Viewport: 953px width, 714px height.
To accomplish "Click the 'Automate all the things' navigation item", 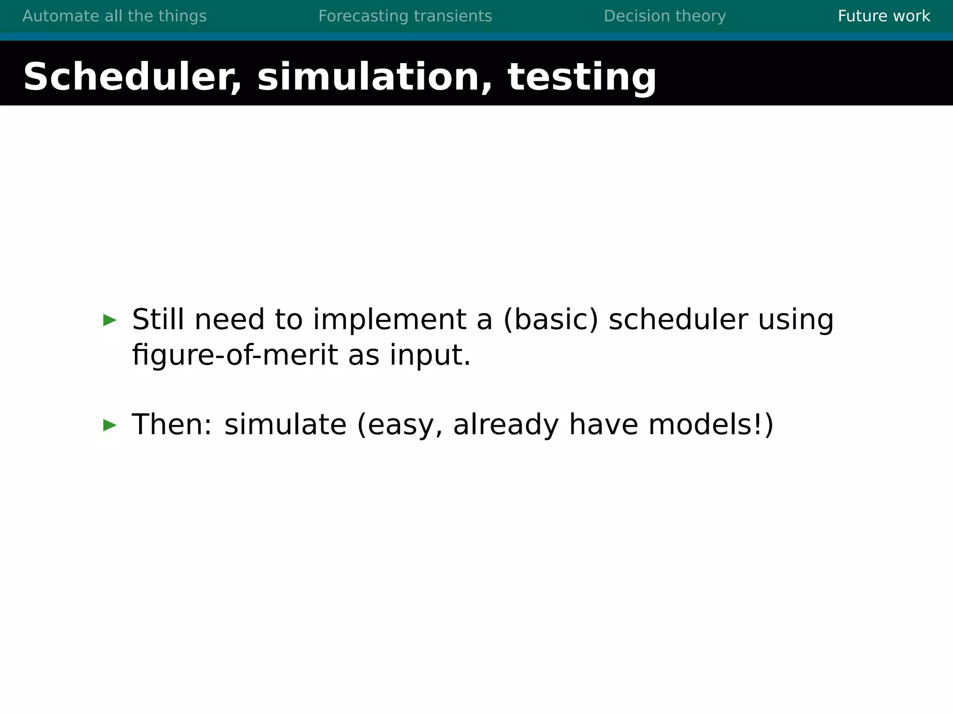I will click(114, 16).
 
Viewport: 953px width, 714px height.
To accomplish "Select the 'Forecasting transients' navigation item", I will click(405, 16).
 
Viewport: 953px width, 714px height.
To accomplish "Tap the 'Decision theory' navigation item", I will click(664, 16).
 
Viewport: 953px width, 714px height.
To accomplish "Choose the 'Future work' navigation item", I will click(884, 16).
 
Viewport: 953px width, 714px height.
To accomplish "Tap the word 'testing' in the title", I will click(582, 77).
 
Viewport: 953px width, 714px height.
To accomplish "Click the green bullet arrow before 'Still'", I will click(110, 320).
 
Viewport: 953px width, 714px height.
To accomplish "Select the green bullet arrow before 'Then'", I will click(110, 425).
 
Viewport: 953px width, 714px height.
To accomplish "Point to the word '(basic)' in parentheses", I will click(550, 320).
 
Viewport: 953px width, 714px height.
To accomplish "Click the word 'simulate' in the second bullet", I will click(285, 425).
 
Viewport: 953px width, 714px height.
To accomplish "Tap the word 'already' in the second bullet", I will click(505, 425).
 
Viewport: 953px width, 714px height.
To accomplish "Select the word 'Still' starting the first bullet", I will click(158, 320).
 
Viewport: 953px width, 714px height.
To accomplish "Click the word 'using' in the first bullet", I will click(796, 320).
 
